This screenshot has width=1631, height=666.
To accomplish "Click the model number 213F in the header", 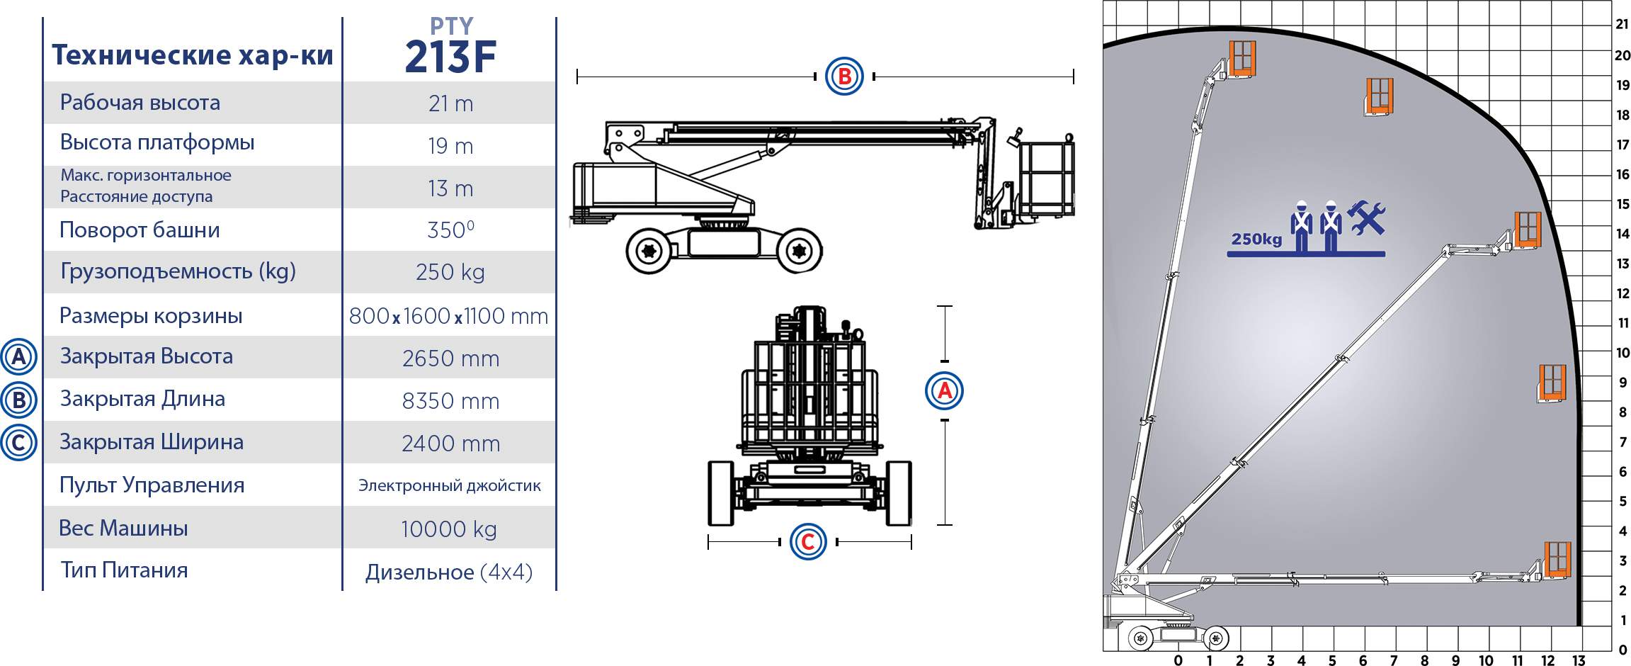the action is (450, 57).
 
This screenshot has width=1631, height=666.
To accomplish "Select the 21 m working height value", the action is (450, 103).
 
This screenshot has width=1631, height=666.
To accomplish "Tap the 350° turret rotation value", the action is (450, 230).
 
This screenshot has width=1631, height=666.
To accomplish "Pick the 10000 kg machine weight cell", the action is (449, 529).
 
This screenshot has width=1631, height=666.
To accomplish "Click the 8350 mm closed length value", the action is (450, 401).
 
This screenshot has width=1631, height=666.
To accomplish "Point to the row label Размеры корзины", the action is (151, 315).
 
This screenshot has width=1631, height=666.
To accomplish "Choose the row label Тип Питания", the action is (124, 570).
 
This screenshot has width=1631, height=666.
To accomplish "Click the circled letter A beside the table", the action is (18, 356).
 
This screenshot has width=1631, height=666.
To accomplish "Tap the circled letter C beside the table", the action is (18, 442).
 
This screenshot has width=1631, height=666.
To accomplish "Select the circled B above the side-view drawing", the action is (844, 77).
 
